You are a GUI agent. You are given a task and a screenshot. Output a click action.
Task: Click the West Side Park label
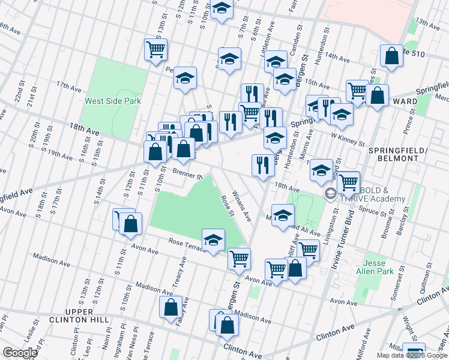coord(113,101)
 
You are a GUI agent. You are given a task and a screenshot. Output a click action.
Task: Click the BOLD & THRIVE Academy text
coord(372,194)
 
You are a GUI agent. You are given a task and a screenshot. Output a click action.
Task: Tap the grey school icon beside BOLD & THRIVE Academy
coord(330,194)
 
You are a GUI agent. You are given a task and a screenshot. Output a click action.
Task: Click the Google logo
coord(20,353)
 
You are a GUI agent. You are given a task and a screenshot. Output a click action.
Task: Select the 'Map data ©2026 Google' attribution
coord(412,355)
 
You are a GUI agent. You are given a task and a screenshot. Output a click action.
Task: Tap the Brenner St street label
coord(188,174)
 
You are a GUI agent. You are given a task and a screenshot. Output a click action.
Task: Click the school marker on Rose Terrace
coord(213,241)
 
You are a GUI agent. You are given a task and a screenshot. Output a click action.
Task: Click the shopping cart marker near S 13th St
coord(155,49)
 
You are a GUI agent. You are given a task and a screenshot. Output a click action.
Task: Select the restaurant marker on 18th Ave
coord(262,164)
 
